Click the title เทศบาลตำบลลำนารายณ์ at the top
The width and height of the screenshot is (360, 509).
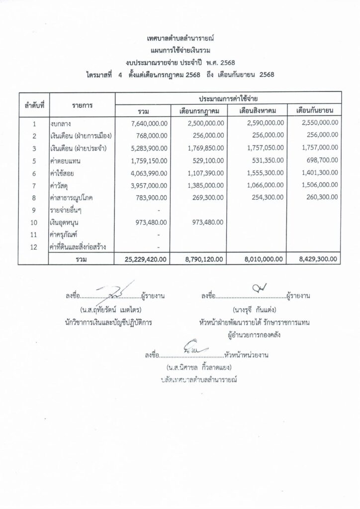click(180, 38)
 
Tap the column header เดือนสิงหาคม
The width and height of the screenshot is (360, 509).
click(258, 110)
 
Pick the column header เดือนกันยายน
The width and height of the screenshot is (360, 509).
click(314, 110)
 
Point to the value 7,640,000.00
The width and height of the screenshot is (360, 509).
click(149, 123)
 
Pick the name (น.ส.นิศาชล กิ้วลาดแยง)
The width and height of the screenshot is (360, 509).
click(199, 367)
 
